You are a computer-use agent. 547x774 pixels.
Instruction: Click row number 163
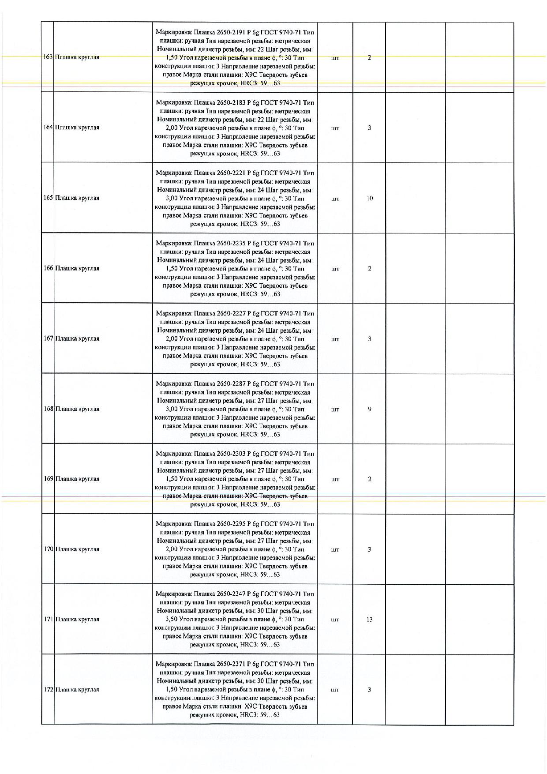[48, 57]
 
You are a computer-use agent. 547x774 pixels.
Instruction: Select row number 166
[48, 268]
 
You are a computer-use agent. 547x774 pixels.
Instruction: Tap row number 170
[48, 549]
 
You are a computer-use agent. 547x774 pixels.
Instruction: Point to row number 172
[48, 690]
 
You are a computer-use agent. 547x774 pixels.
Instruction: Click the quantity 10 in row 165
[370, 199]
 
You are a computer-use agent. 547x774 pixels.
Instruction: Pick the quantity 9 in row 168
[370, 409]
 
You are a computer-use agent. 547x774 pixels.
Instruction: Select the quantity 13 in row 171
[370, 620]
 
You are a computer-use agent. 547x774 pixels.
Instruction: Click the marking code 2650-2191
[231, 32]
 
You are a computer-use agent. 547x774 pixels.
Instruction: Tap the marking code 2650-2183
[231, 103]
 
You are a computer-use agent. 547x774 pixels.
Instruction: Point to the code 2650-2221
[231, 173]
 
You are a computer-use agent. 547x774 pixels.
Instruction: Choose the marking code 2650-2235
[231, 243]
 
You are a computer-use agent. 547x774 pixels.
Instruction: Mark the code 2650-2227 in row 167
[231, 313]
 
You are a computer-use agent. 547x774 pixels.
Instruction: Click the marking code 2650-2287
[231, 383]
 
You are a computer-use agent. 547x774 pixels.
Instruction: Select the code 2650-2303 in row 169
[231, 454]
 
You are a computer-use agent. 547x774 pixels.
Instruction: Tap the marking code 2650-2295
[231, 524]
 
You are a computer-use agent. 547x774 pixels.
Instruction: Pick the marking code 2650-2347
[231, 594]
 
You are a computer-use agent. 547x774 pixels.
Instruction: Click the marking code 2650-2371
[231, 664]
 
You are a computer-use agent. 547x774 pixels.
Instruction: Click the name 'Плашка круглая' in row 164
[77, 128]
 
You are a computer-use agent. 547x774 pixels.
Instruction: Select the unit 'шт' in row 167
[335, 339]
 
